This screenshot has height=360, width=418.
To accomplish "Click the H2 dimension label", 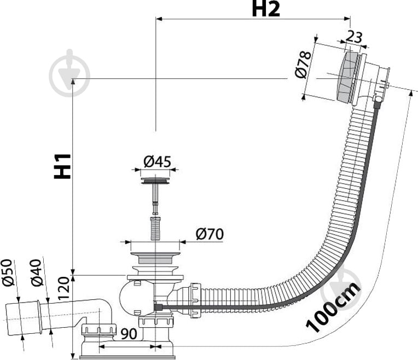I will click(266, 9).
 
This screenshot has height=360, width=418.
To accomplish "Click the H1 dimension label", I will click(64, 165).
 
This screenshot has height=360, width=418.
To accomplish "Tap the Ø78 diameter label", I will click(305, 66).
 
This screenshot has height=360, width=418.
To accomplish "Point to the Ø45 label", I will click(157, 162).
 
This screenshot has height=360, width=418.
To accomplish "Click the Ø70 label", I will click(209, 234).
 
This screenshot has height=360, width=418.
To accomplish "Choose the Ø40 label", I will click(37, 282).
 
